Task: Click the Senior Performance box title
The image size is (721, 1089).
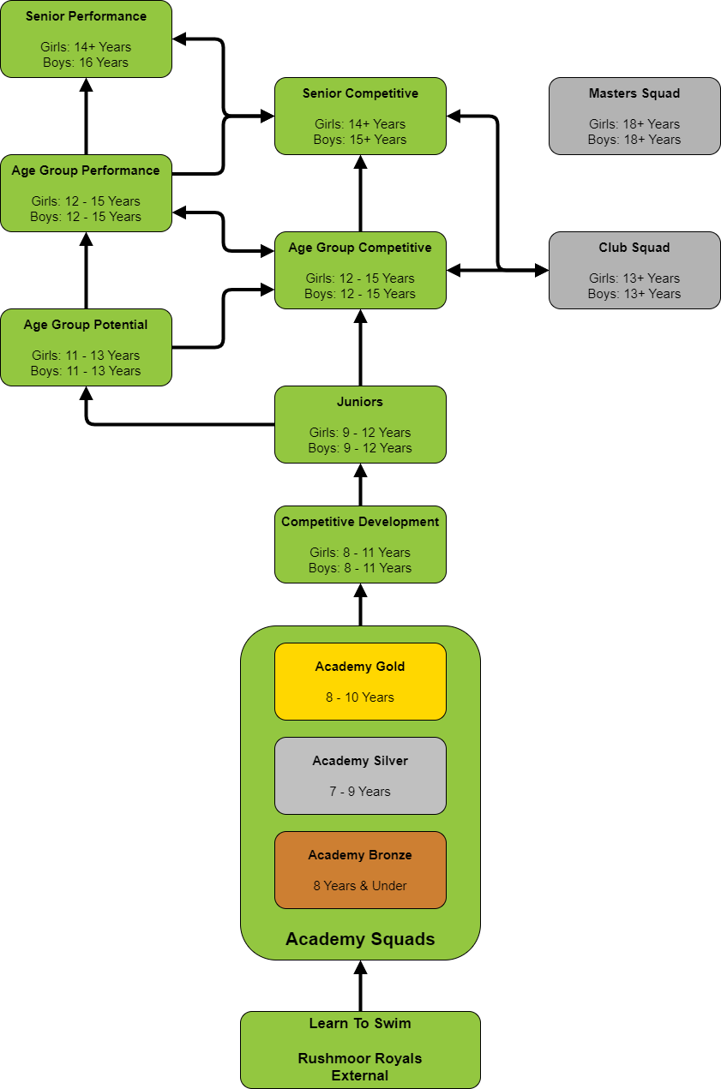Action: click(x=86, y=16)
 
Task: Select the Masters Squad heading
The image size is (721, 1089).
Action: click(x=634, y=93)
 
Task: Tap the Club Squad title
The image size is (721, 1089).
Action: click(x=634, y=248)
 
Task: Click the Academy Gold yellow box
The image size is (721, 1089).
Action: click(x=360, y=682)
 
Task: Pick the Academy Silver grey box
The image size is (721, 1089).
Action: click(x=360, y=776)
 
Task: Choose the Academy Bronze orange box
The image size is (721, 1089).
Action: click(x=360, y=871)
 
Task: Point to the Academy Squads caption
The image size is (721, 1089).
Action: click(x=360, y=939)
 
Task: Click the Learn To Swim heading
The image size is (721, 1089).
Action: click(x=360, y=1023)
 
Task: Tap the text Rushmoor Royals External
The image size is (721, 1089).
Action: click(x=360, y=1067)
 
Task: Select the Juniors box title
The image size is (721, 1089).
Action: click(x=360, y=402)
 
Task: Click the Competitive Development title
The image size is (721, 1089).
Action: click(x=360, y=522)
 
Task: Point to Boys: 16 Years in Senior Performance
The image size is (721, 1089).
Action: click(x=86, y=63)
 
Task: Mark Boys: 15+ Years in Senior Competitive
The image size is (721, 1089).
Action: click(x=360, y=140)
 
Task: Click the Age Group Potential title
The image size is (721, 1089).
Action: click(x=86, y=325)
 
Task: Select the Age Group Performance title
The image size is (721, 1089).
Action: click(x=86, y=171)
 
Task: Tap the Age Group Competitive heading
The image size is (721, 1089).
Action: click(x=360, y=248)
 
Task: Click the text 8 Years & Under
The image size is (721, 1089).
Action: click(x=360, y=886)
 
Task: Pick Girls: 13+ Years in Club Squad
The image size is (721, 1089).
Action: click(x=634, y=278)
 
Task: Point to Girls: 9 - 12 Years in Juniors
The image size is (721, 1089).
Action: click(x=360, y=433)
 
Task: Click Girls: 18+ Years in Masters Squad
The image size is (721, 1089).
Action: click(x=634, y=124)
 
